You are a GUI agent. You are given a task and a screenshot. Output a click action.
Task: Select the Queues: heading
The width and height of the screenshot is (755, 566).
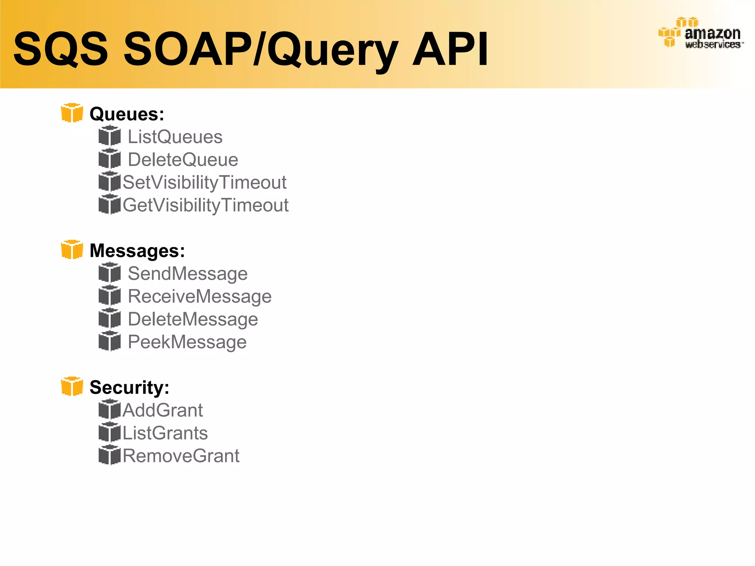[x=127, y=114]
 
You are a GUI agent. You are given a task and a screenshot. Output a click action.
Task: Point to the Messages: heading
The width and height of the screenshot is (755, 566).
[x=137, y=251]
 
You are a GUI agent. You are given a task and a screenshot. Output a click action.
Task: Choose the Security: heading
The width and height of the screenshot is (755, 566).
[x=129, y=387]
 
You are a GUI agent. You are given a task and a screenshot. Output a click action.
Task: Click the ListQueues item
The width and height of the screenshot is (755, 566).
[x=175, y=137]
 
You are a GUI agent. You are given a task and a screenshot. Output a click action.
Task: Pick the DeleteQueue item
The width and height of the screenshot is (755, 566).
[x=183, y=160]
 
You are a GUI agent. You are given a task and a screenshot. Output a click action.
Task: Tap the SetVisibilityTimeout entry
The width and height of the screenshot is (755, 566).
[x=205, y=182]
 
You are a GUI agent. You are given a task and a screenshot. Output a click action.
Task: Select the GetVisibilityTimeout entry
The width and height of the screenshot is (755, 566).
[x=206, y=205]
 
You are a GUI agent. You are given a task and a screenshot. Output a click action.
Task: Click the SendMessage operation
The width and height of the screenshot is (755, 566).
[x=188, y=273]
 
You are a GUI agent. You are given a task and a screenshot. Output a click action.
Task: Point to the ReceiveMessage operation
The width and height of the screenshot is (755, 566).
[x=199, y=296]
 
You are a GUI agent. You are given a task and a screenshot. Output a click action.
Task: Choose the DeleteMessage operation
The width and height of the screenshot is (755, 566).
[x=193, y=319]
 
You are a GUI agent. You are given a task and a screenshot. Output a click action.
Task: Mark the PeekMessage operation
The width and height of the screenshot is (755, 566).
[x=187, y=342]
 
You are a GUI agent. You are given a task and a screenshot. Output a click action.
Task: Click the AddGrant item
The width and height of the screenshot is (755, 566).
[x=163, y=410]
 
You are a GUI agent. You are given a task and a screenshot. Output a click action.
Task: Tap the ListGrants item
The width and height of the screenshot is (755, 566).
[x=165, y=433]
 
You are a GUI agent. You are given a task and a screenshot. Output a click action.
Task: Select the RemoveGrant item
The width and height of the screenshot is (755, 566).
[x=181, y=456]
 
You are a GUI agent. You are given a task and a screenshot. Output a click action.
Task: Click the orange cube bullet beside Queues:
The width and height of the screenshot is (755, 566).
[x=72, y=113]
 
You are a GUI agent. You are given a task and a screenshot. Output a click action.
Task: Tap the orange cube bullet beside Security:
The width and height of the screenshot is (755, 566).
[x=72, y=386]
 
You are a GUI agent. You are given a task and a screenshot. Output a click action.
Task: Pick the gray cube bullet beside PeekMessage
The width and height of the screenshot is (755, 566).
[x=109, y=341]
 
